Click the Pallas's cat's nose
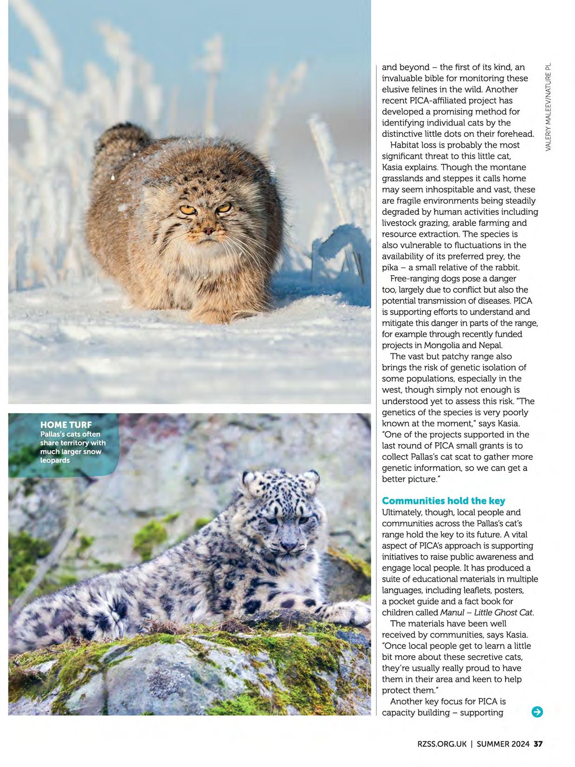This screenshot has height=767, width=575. click(x=208, y=230)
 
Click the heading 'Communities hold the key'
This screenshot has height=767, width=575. click(x=443, y=501)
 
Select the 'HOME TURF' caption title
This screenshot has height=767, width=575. click(x=66, y=425)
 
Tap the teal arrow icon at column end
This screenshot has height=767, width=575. click(x=537, y=712)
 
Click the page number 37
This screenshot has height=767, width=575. click(x=538, y=744)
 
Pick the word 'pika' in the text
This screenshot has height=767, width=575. click(x=390, y=268)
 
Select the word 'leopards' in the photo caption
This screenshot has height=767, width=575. click(x=55, y=460)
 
